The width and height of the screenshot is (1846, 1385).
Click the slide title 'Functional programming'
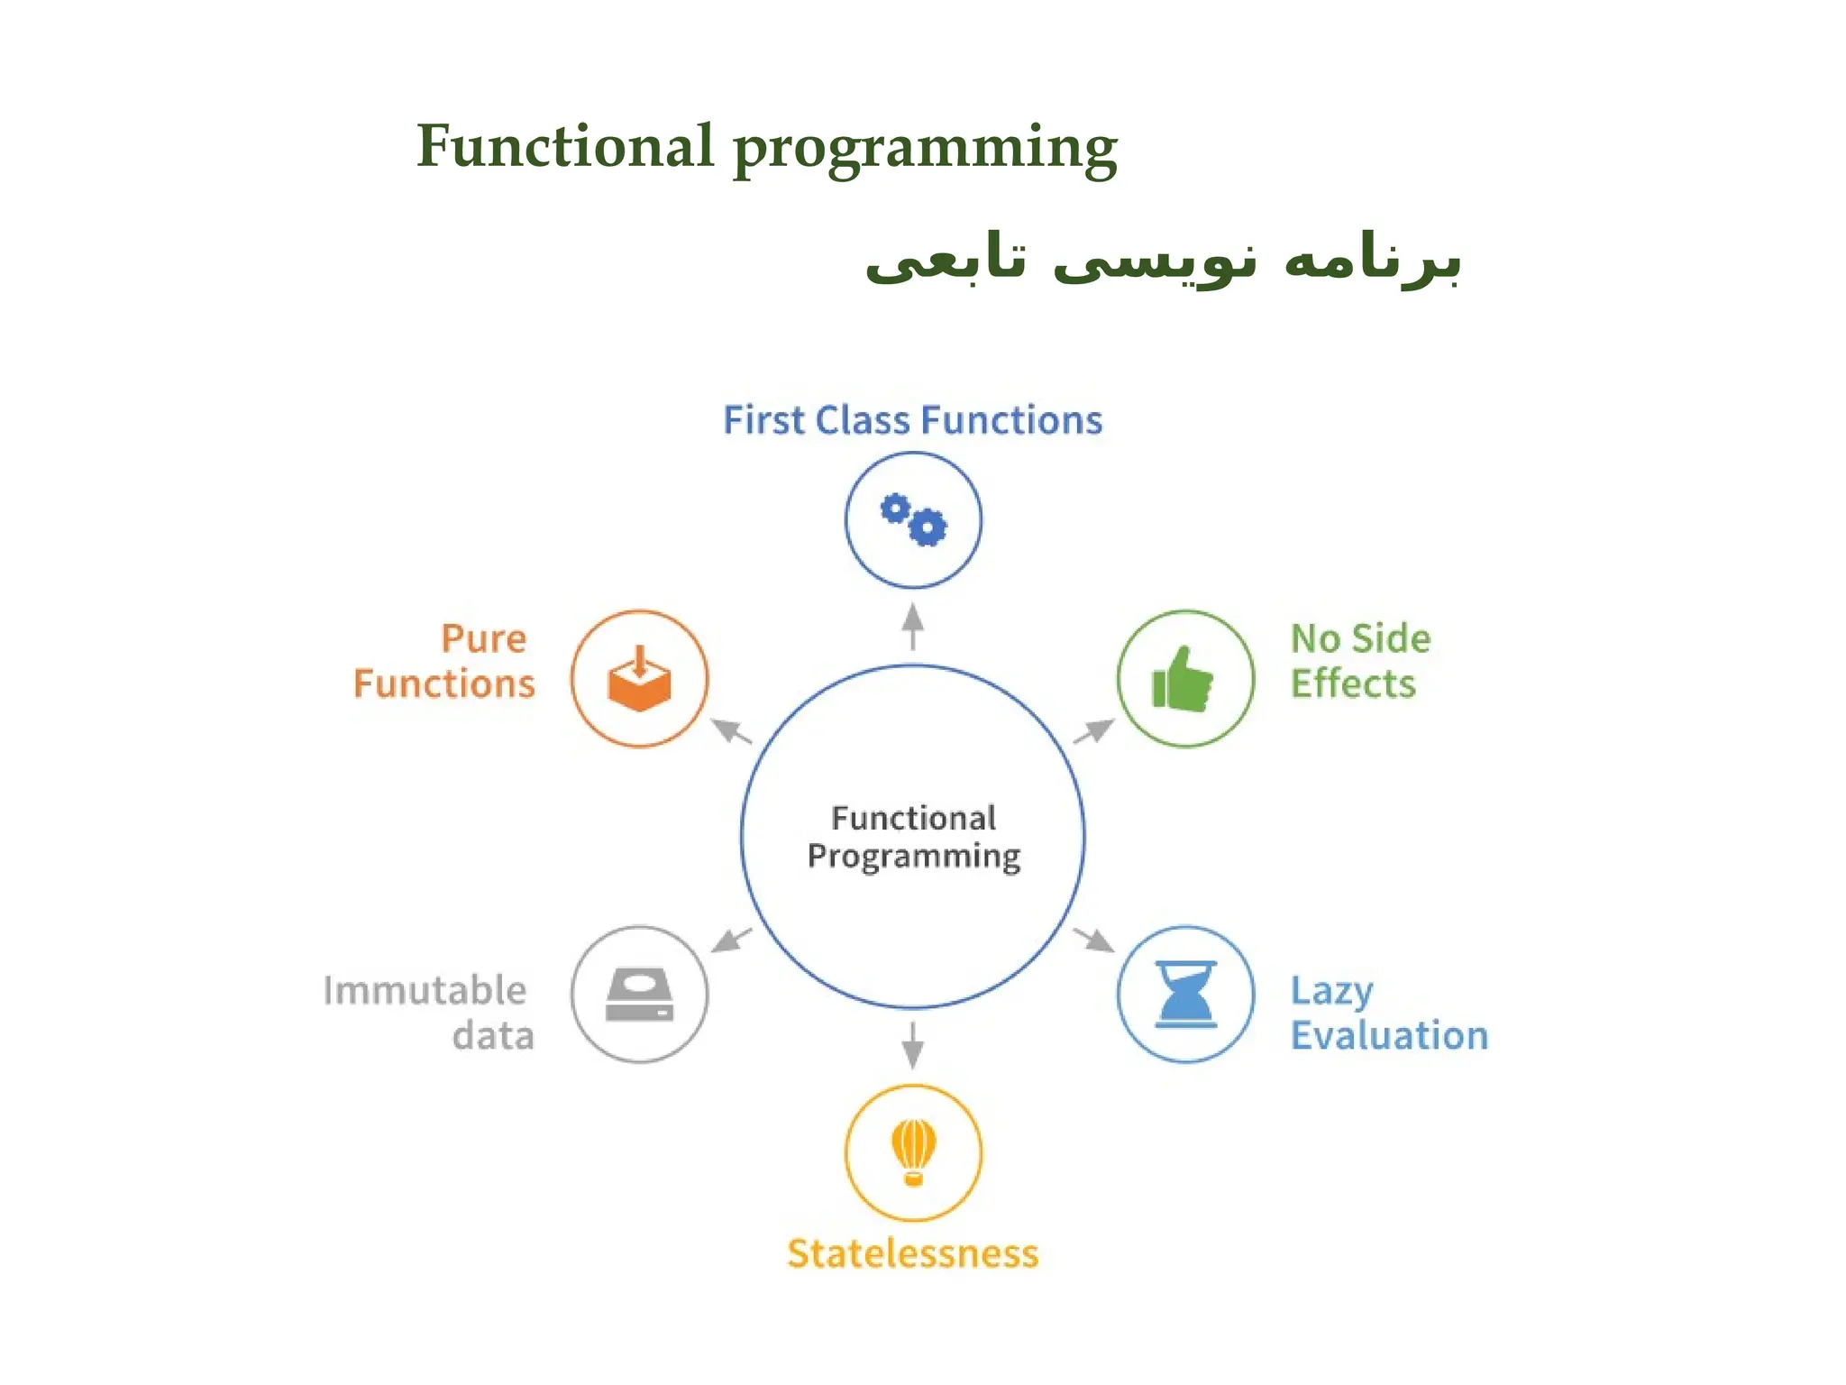[x=766, y=147]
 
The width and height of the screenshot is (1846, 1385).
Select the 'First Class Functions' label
[x=912, y=420]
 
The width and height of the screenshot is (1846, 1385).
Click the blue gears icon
[x=913, y=520]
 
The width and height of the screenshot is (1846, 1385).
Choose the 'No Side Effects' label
[x=1359, y=661]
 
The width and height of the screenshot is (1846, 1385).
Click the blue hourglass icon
[x=1185, y=994]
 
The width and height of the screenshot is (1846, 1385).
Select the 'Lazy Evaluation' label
[x=1388, y=1013]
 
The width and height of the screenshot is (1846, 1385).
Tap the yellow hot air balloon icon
[x=913, y=1152]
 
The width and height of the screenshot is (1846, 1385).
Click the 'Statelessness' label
[x=912, y=1253]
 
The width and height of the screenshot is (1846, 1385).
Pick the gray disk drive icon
[x=639, y=994]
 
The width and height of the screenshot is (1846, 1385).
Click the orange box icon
[x=639, y=679]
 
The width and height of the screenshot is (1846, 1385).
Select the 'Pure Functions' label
[x=444, y=661]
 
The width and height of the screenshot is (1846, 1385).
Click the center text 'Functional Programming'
[x=913, y=837]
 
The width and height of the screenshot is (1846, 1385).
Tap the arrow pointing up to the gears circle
[x=913, y=626]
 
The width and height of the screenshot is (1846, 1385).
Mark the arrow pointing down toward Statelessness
[x=913, y=1046]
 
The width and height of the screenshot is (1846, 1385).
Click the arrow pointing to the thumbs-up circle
[x=1094, y=730]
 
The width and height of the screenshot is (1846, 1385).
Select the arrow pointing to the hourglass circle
[x=1094, y=940]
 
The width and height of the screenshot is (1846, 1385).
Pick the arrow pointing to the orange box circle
[x=731, y=730]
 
